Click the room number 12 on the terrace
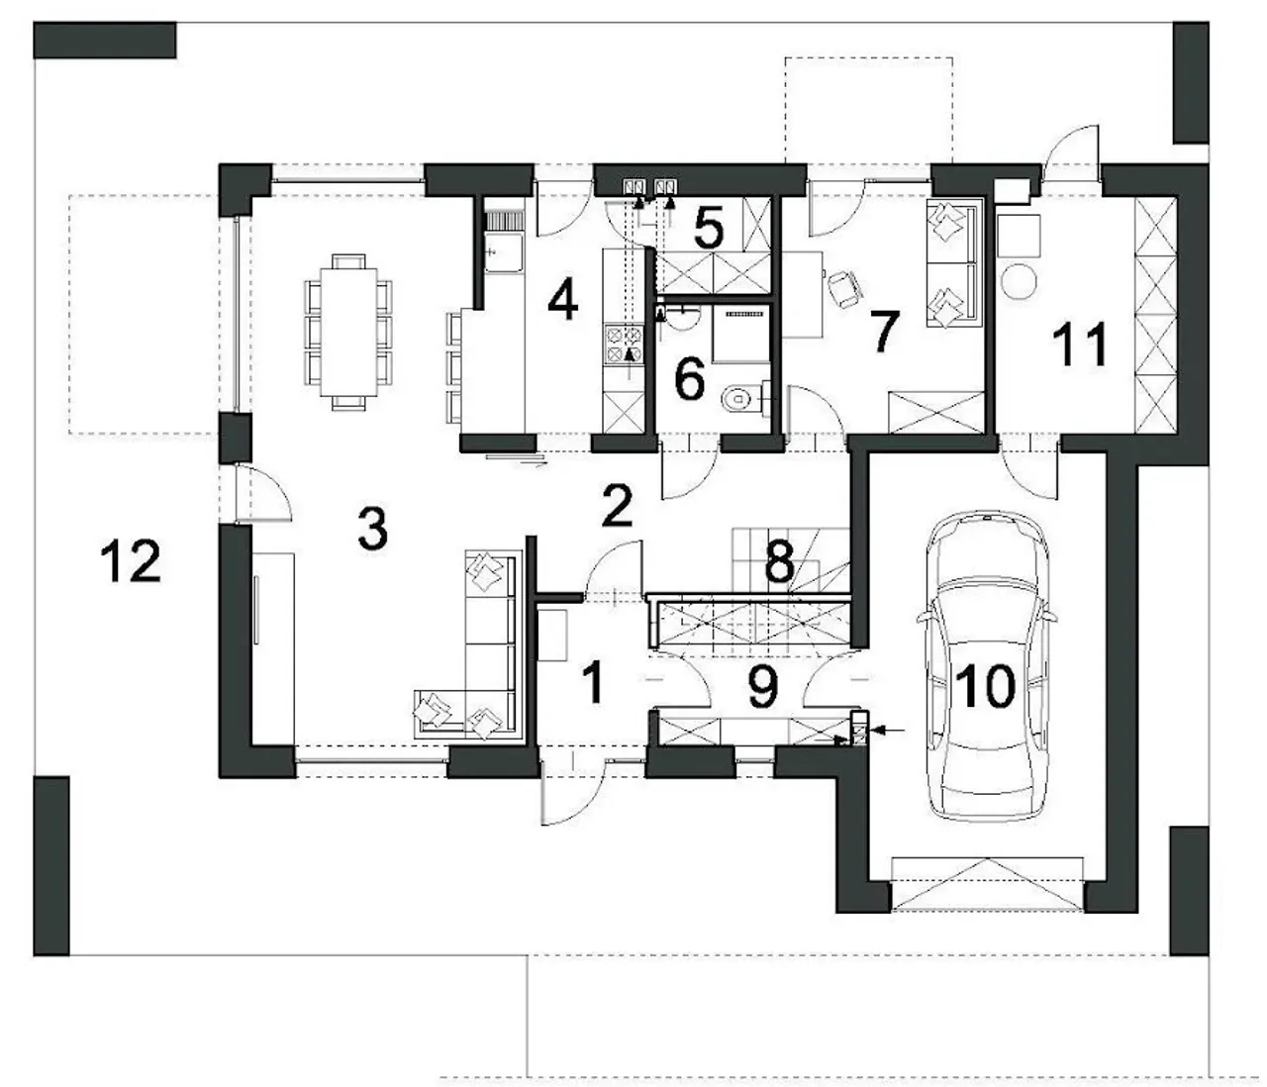point(131,560)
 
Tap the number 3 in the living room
point(373,528)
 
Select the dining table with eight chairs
point(348,332)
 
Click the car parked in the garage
point(986,665)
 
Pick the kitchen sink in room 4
point(504,251)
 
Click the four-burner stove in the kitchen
point(624,344)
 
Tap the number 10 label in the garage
point(985,686)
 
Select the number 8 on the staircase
point(780,561)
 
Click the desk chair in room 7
point(844,289)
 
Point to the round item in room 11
point(1019,281)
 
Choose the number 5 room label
point(709,228)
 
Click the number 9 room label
point(763,686)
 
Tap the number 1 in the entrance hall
point(593,682)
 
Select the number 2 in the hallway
point(617,506)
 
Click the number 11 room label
point(1080,346)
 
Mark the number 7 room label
point(885,332)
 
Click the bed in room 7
point(952,262)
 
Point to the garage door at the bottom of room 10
point(987,884)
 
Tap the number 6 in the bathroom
point(690,379)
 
